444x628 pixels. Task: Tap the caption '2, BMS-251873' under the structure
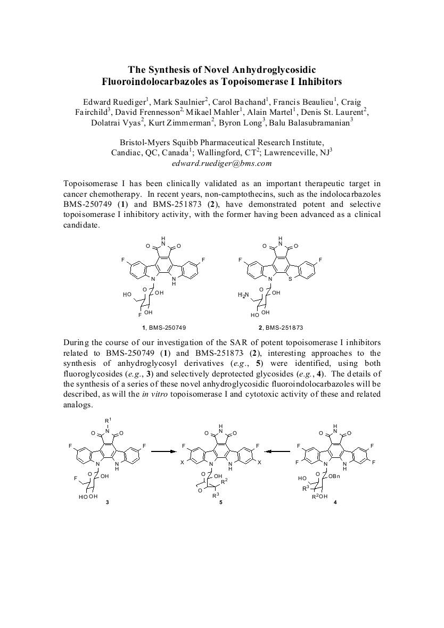tap(280, 328)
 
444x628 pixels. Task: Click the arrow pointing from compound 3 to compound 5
tap(164, 451)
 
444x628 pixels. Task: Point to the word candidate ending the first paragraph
tap(81, 225)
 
